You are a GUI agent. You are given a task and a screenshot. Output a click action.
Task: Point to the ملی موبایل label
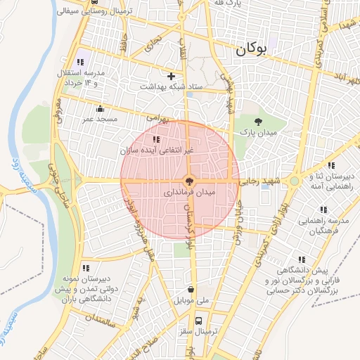point(192,300)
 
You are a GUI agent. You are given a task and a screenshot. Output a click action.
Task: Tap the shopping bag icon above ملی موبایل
point(191,289)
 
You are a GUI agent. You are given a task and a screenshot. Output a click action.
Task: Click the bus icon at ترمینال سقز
point(199,320)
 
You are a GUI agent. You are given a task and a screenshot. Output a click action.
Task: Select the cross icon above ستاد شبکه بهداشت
point(171,75)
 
